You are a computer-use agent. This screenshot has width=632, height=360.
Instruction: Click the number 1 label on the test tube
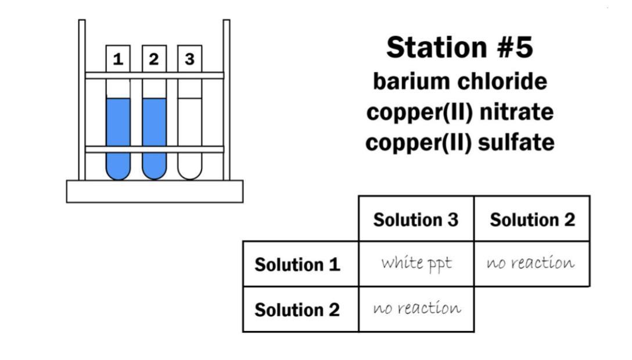[x=118, y=59]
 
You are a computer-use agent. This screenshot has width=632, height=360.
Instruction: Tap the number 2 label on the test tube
[x=154, y=59]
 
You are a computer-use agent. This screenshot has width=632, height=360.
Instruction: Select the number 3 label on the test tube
[x=190, y=59]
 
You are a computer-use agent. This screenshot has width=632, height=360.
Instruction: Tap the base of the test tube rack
[x=155, y=191]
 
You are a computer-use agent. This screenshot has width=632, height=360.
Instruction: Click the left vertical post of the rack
[x=82, y=100]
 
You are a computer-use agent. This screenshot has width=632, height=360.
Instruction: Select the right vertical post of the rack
[x=227, y=100]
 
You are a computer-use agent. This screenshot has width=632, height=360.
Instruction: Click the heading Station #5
[x=459, y=47]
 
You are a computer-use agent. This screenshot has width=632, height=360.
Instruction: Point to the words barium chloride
[x=460, y=81]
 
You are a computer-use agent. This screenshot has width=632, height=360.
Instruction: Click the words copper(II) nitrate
[x=460, y=112]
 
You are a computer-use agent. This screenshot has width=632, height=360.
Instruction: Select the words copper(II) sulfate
[x=460, y=143]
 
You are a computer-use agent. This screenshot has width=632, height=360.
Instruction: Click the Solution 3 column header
[x=416, y=220]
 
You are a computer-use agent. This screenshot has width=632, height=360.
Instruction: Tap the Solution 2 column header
[x=533, y=220]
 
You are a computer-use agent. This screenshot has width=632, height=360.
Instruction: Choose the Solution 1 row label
[x=297, y=265]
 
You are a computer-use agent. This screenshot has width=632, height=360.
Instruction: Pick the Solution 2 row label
[x=297, y=310]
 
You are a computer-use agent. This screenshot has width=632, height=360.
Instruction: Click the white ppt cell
[x=416, y=264]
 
